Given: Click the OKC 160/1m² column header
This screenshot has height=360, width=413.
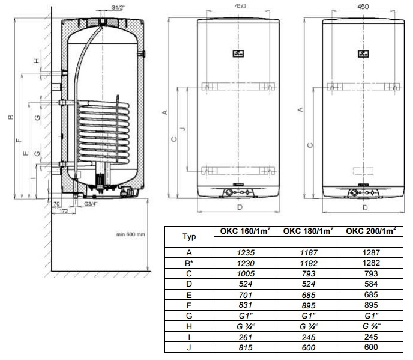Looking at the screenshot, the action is click(x=245, y=231).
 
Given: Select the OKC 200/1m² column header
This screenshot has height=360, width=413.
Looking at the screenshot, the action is click(x=371, y=231).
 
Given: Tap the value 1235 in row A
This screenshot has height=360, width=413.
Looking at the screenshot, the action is click(x=246, y=252).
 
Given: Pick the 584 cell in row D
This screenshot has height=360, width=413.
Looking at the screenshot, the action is click(x=371, y=284).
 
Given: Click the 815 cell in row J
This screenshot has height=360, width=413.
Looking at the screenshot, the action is click(x=246, y=347).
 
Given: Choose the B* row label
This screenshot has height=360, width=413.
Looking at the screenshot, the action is click(x=189, y=263).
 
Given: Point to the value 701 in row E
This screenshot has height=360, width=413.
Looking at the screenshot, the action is click(x=245, y=295).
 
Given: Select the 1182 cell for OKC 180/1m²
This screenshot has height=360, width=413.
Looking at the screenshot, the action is click(x=309, y=263).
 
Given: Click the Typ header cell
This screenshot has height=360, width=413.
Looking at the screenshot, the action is click(x=189, y=236).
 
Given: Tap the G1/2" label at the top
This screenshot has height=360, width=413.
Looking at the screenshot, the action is click(x=118, y=7).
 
